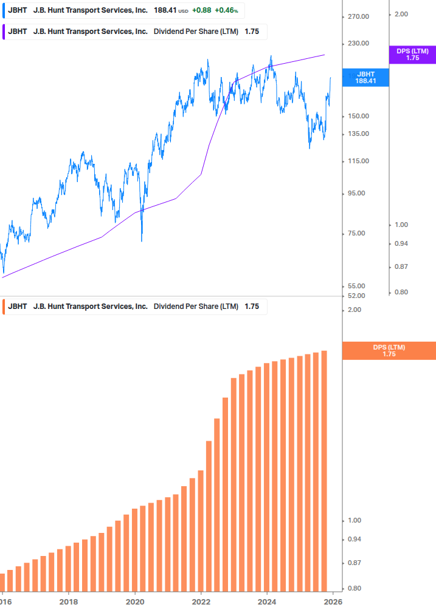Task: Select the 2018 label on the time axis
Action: click(69, 602)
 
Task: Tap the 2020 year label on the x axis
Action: click(135, 602)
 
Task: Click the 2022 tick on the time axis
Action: click(201, 602)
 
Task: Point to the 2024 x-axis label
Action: click(267, 602)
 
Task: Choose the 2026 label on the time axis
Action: click(333, 602)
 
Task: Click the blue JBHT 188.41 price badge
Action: click(365, 78)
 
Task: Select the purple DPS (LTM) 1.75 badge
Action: click(412, 55)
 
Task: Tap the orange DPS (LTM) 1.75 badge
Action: click(389, 351)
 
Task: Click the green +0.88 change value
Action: click(202, 10)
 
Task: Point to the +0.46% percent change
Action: click(226, 10)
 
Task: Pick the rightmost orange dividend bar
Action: click(325, 471)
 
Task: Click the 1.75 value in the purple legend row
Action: click(251, 32)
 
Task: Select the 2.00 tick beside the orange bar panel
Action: click(337, 310)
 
